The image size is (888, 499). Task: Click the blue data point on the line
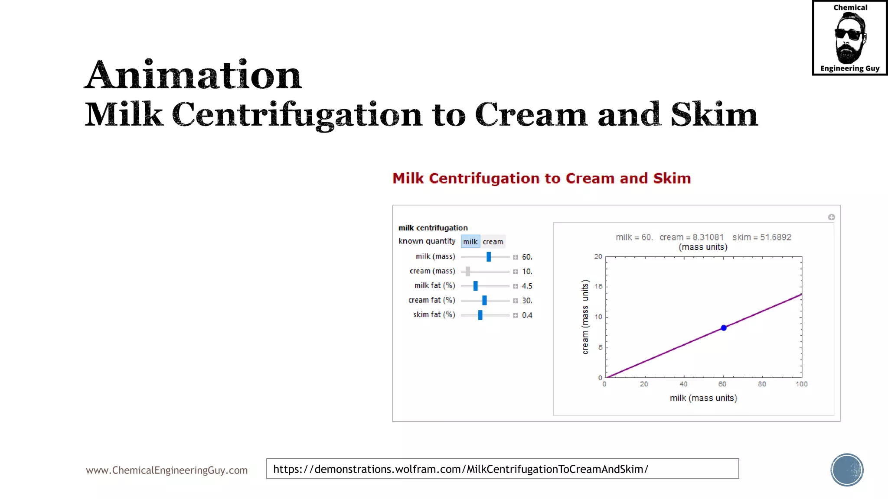click(x=724, y=328)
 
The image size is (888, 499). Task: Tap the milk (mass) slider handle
click(x=489, y=257)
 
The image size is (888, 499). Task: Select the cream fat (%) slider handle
click(x=484, y=300)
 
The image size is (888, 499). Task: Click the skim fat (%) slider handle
click(x=480, y=315)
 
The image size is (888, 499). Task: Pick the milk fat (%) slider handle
click(x=476, y=286)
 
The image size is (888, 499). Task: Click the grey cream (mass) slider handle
click(x=468, y=272)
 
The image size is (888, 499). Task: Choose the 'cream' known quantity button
click(x=493, y=242)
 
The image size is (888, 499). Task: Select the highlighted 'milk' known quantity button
click(x=470, y=242)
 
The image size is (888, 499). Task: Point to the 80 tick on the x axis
click(x=762, y=384)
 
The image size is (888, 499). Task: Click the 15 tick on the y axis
click(x=598, y=286)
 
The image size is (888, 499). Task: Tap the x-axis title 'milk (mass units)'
click(x=703, y=398)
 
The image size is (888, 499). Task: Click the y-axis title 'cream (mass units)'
click(x=585, y=317)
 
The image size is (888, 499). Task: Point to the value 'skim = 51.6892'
click(x=762, y=237)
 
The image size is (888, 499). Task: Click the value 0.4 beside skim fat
click(x=527, y=315)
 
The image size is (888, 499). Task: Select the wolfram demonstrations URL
click(x=460, y=469)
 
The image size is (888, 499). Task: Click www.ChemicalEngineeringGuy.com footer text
click(x=166, y=470)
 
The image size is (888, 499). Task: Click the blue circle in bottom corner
click(x=847, y=470)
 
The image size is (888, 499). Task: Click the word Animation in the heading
click(x=193, y=75)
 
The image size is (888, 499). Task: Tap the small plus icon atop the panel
click(x=831, y=217)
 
